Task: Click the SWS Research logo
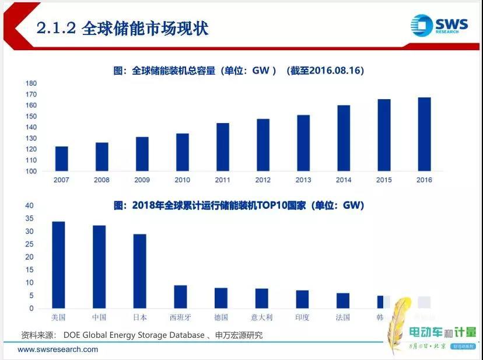(438, 26)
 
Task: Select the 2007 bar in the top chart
(61, 159)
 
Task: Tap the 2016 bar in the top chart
(424, 134)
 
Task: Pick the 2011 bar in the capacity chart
(223, 147)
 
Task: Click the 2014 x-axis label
(344, 180)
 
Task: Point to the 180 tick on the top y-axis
(31, 83)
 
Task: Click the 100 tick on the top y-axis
(31, 172)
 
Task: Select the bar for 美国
(58, 265)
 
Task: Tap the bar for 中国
(99, 267)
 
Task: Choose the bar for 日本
(140, 271)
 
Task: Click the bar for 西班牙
(180, 296)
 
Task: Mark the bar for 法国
(343, 300)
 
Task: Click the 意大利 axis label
(262, 317)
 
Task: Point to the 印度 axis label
(302, 317)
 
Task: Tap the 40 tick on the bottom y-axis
(29, 205)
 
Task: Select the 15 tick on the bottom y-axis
(29, 270)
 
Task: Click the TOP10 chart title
(239, 205)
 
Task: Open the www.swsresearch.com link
(58, 349)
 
